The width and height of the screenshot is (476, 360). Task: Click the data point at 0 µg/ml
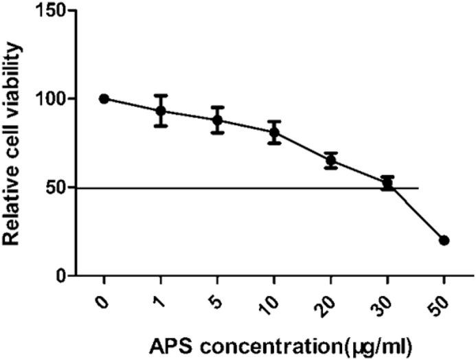(104, 99)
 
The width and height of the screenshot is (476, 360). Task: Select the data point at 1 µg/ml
(161, 111)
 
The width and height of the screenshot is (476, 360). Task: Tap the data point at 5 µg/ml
(218, 120)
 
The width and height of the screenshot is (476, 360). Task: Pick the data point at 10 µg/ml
(274, 132)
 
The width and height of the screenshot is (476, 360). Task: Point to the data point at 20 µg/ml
(331, 160)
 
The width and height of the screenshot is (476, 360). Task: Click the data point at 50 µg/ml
(444, 240)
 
